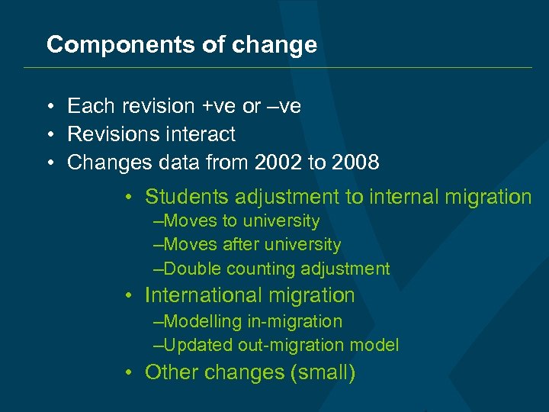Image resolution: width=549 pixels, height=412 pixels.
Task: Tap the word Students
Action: [x=185, y=197]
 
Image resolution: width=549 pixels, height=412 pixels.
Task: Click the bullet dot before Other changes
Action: [x=131, y=372]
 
